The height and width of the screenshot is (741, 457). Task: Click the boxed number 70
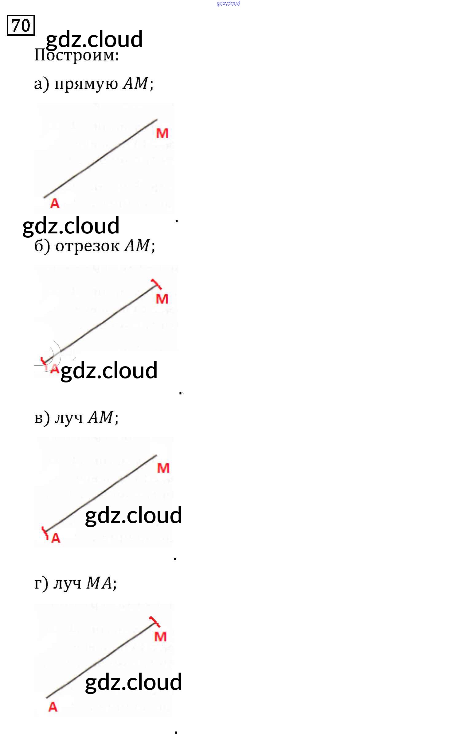click(x=21, y=25)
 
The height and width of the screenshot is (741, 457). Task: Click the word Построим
click(x=76, y=56)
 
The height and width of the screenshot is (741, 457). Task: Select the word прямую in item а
click(x=86, y=84)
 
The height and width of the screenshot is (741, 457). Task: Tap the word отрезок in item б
click(x=87, y=246)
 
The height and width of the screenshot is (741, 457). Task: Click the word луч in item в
click(x=69, y=417)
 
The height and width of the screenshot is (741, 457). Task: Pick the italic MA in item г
click(x=99, y=583)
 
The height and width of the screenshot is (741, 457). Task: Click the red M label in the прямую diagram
click(x=162, y=133)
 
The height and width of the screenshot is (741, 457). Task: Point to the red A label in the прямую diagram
click(x=55, y=203)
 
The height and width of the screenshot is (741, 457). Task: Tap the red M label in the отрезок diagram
click(x=162, y=299)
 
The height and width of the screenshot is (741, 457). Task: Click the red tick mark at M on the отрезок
click(x=157, y=284)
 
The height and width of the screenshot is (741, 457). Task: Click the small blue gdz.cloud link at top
click(x=228, y=3)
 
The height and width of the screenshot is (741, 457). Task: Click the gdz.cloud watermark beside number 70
click(x=94, y=39)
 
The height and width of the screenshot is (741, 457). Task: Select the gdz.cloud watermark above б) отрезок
click(x=71, y=226)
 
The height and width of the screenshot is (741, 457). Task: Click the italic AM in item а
click(x=135, y=83)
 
